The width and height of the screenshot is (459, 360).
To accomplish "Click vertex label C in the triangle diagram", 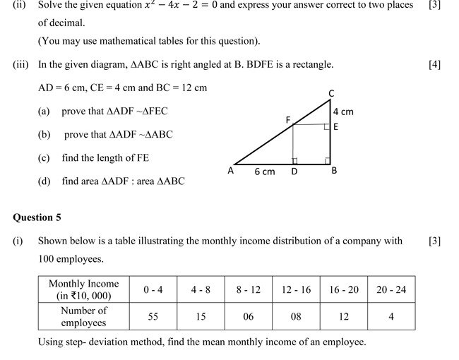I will pyautogui.click(x=331, y=93).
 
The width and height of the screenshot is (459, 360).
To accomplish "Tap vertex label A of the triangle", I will pyautogui.click(x=231, y=171).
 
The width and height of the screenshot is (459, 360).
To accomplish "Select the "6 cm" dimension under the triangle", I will pyautogui.click(x=264, y=172).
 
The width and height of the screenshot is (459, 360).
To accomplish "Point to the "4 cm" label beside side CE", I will pyautogui.click(x=343, y=112).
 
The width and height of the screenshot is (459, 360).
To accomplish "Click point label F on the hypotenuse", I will pyautogui.click(x=288, y=120).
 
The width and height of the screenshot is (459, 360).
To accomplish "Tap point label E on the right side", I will pyautogui.click(x=335, y=127).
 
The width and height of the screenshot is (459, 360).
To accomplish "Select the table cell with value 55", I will pyautogui.click(x=153, y=317).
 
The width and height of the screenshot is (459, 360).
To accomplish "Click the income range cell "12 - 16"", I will pyautogui.click(x=296, y=289).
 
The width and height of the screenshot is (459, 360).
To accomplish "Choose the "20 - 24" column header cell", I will pyautogui.click(x=391, y=289).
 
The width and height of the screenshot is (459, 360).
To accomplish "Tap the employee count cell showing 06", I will pyautogui.click(x=248, y=317).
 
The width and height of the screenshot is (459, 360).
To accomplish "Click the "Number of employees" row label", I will pyautogui.click(x=83, y=316).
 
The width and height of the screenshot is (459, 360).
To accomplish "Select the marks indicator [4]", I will pyautogui.click(x=434, y=65).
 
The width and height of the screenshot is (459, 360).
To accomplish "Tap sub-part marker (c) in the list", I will pyautogui.click(x=44, y=158).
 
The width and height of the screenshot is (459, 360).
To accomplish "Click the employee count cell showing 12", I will pyautogui.click(x=343, y=317).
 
